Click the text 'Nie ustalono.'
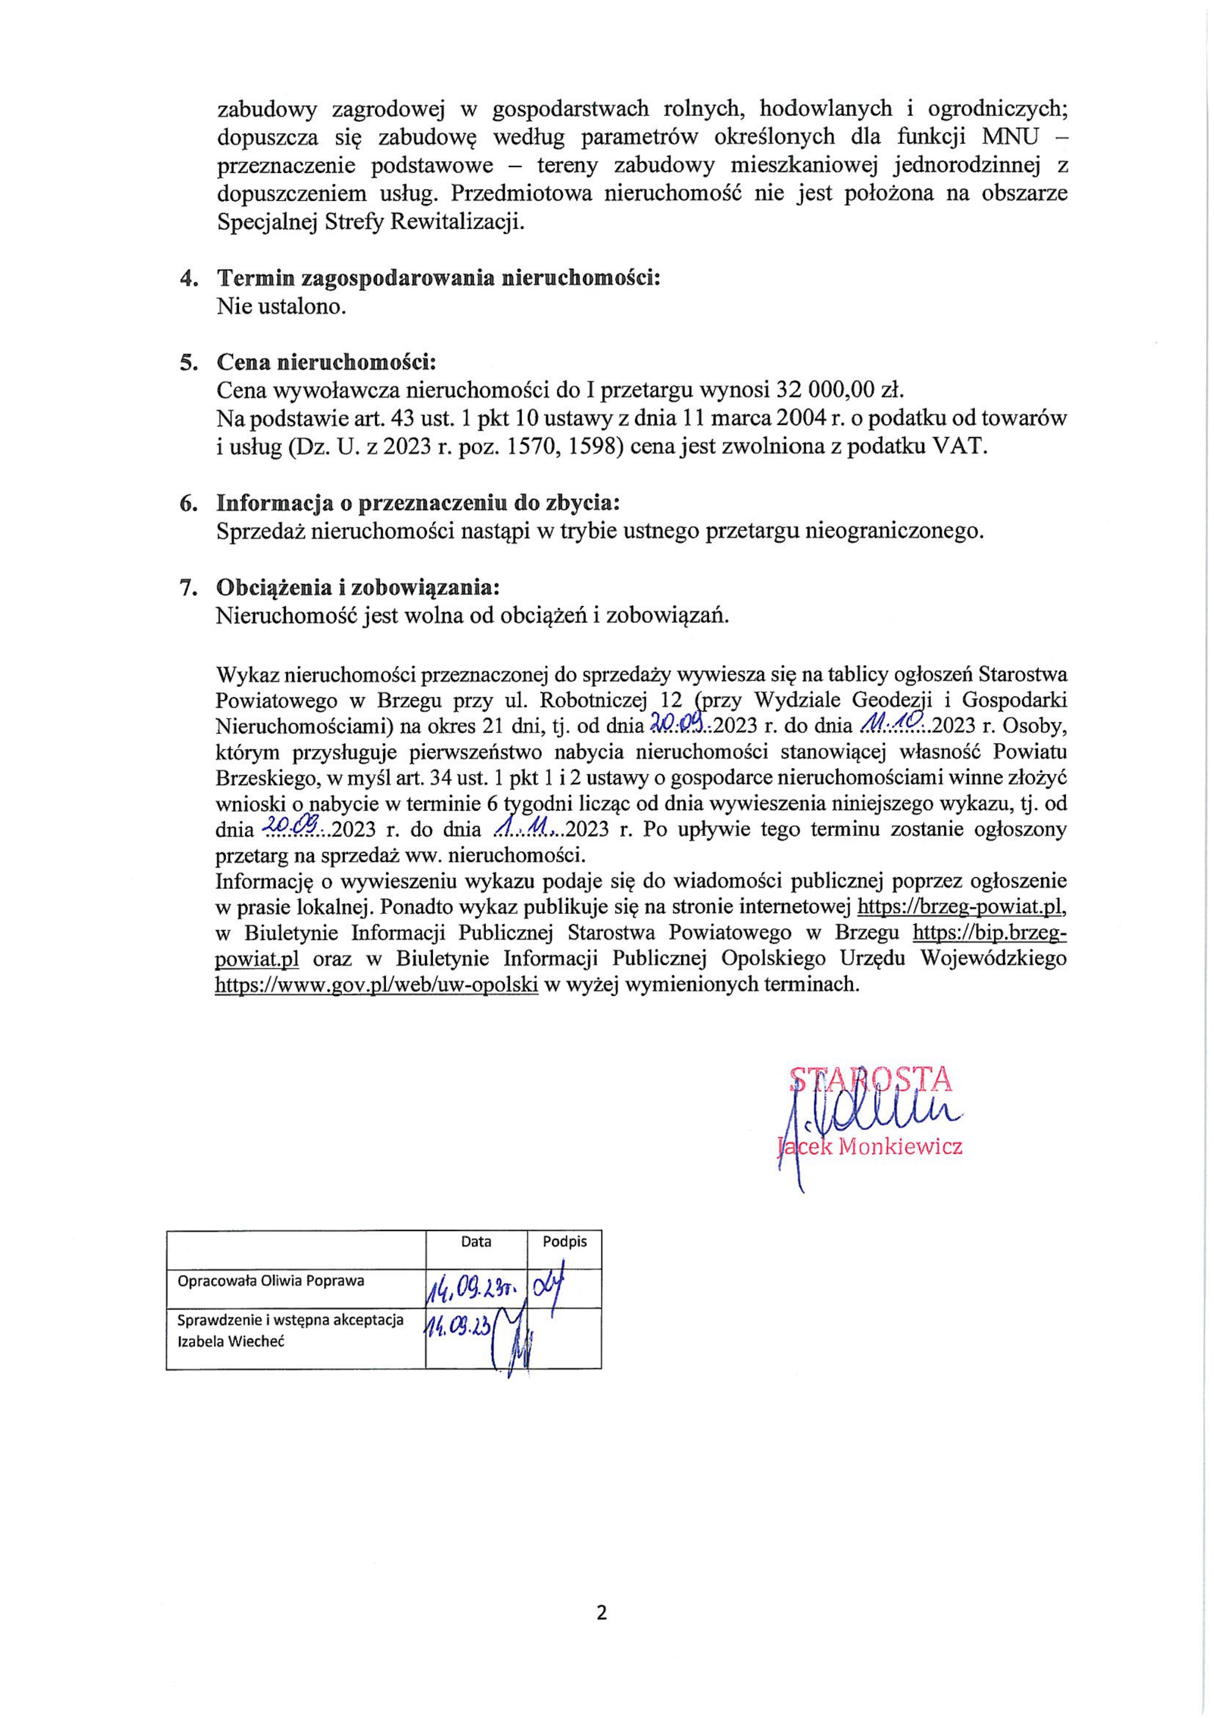pos(280,307)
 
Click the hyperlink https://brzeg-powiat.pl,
pos(960,907)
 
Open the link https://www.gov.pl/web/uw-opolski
pos(376,985)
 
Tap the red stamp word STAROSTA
pos(871,1078)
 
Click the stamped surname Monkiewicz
pos(901,1147)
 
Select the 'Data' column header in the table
pos(476,1241)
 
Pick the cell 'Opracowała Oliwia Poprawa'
pos(271,1280)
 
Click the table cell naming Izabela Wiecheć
pos(290,1329)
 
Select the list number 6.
pos(188,503)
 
